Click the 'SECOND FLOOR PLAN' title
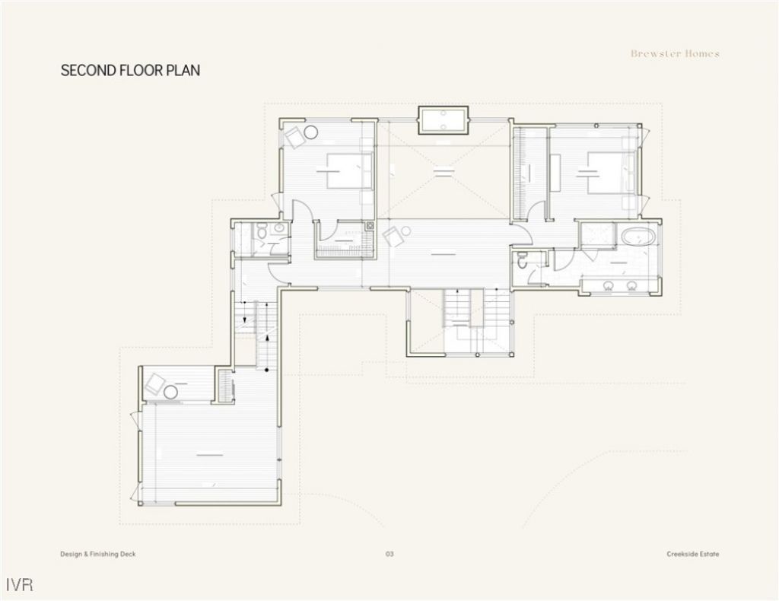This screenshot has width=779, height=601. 130,71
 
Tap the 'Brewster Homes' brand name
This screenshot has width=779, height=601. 675,54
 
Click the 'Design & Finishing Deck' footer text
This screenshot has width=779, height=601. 98,554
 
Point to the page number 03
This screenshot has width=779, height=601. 389,554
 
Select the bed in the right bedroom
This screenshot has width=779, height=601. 608,172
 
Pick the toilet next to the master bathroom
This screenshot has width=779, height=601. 522,261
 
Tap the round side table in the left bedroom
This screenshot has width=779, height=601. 311,133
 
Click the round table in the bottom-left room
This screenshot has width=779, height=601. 171,392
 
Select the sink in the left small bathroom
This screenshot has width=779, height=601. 279,227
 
